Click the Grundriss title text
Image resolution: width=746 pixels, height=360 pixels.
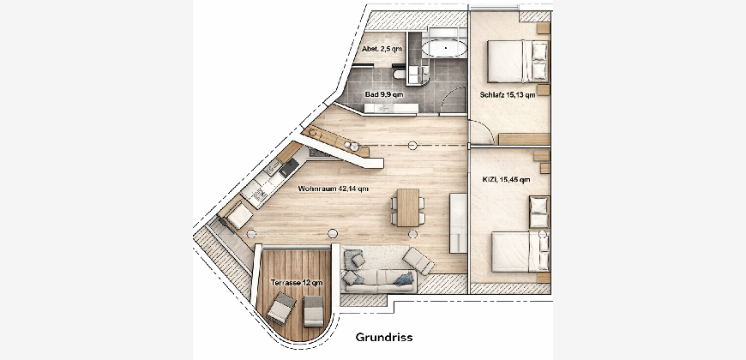pos(384,338)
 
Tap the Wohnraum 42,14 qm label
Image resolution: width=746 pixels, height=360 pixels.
pos(333,189)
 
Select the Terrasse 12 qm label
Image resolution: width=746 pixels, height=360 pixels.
pos(297,283)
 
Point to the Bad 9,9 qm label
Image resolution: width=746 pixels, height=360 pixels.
pos(384,94)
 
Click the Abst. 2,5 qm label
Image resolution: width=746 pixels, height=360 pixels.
pos(382,49)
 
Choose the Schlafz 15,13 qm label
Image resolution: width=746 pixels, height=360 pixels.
pos(508,94)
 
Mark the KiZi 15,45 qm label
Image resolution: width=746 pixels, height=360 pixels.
pos(506,180)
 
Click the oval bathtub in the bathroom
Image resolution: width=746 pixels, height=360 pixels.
pos(445,48)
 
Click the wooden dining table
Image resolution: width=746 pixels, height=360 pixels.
pos(408,207)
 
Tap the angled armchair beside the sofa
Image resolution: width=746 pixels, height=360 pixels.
pos(418,261)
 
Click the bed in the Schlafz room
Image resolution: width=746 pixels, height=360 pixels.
pos(518,62)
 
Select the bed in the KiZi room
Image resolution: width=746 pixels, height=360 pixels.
pos(520,252)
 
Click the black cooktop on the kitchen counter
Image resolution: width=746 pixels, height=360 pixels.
pos(289,168)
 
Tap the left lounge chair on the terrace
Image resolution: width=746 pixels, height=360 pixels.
pos(281,309)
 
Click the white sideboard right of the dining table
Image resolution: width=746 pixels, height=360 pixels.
pos(459,223)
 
